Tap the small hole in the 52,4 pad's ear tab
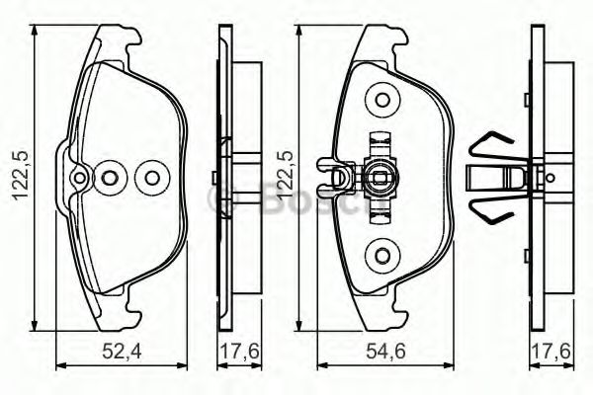coord(79,179)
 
